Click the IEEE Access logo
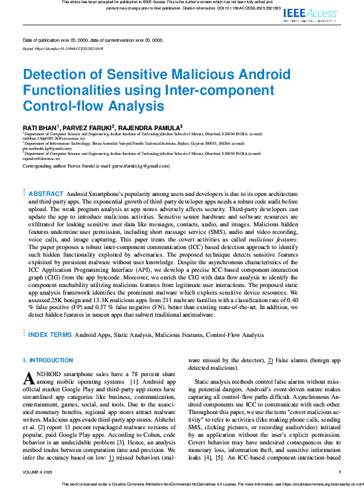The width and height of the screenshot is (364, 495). pyautogui.click(x=310, y=14)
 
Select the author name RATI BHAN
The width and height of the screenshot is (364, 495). pyautogui.click(x=40, y=127)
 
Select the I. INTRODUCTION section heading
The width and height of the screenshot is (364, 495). pyautogui.click(x=40, y=360)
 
